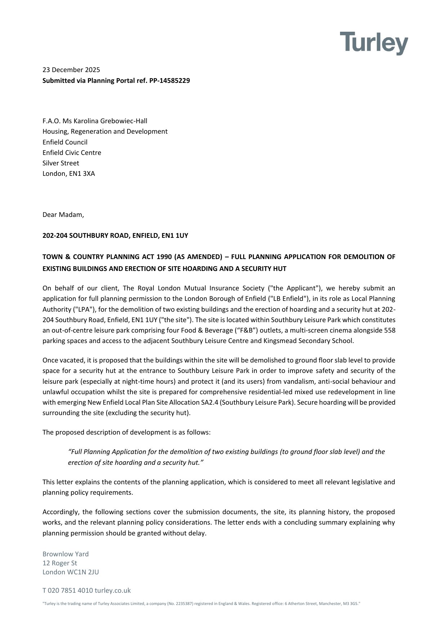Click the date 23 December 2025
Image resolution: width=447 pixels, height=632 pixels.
coord(71,70)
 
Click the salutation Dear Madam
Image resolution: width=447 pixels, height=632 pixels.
coord(63,214)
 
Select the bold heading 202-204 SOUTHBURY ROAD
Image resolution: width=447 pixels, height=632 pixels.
coord(86,235)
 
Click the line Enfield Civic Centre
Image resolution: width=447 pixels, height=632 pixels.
coord(72,152)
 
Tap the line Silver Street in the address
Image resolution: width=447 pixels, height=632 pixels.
coord(61,163)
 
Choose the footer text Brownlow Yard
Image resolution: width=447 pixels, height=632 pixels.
coord(66,554)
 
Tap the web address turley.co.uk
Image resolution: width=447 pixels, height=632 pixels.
coord(113,590)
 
